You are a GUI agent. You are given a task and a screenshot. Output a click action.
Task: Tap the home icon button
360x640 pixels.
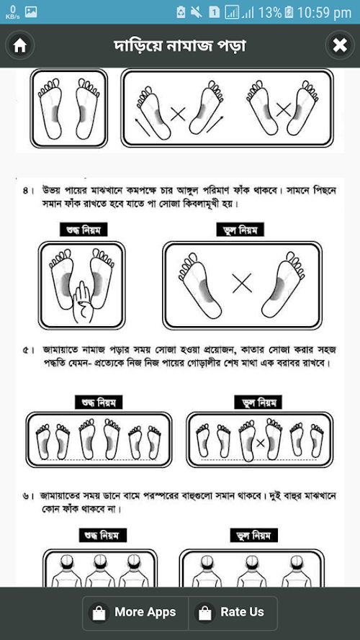coord(20,45)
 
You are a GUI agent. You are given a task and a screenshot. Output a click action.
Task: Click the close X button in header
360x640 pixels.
coord(340,45)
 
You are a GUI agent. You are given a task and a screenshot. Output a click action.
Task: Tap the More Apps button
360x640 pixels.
coord(135,612)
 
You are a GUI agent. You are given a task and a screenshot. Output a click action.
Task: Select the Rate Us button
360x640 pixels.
coord(233,612)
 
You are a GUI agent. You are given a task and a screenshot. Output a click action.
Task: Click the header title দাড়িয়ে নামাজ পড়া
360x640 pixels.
coord(180,46)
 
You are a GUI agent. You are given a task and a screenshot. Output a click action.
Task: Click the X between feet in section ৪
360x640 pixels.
coord(242,283)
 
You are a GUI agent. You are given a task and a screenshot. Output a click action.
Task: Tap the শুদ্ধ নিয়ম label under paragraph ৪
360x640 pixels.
coord(84,230)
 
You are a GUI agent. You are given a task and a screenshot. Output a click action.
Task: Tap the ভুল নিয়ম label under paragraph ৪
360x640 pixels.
coord(240,230)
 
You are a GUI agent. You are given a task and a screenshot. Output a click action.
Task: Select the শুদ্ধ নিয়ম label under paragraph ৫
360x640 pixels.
coord(99,403)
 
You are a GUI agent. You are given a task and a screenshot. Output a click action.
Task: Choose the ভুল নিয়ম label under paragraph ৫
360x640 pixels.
coord(258,403)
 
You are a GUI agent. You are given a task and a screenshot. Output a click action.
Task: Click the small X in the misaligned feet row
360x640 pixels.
coord(261,443)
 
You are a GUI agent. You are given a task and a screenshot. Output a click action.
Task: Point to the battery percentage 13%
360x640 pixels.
coord(270,13)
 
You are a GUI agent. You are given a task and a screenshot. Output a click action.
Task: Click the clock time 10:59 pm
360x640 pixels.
coord(324,13)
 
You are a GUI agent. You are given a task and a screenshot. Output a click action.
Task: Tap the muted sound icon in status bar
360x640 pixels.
coord(196,12)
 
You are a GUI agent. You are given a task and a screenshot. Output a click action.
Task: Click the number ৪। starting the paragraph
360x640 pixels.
coord(28,191)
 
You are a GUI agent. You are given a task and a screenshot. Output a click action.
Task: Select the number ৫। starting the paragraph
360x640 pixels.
coord(28,351)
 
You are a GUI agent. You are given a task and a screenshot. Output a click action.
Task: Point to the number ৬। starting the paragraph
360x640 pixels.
coord(28,497)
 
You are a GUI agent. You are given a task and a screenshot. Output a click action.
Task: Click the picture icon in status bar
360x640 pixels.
coord(31,12)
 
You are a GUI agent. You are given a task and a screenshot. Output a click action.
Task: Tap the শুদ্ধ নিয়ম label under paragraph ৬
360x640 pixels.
coord(102,535)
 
